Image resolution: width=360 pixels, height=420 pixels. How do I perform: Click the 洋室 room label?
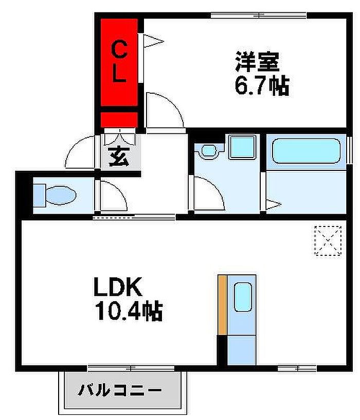tap(257, 61)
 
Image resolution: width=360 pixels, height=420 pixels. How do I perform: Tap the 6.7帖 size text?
tap(262, 85)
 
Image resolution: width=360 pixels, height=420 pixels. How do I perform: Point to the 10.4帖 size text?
tap(129, 311)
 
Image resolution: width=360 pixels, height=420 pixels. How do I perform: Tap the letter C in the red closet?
tap(119, 49)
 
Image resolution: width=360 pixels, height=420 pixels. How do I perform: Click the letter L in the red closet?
tap(119, 73)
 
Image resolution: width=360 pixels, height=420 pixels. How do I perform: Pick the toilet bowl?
tap(61, 195)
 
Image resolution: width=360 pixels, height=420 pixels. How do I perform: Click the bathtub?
tap(306, 151)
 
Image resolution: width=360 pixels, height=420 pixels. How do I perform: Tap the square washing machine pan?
tap(243, 147)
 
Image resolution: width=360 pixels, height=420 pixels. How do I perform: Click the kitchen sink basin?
tap(243, 297)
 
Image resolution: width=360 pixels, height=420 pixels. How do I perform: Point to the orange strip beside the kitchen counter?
tap(222, 305)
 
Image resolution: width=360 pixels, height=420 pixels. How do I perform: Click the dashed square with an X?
tap(328, 241)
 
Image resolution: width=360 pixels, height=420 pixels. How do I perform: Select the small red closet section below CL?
tap(119, 119)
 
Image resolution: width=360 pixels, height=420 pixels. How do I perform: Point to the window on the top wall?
tap(259, 15)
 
